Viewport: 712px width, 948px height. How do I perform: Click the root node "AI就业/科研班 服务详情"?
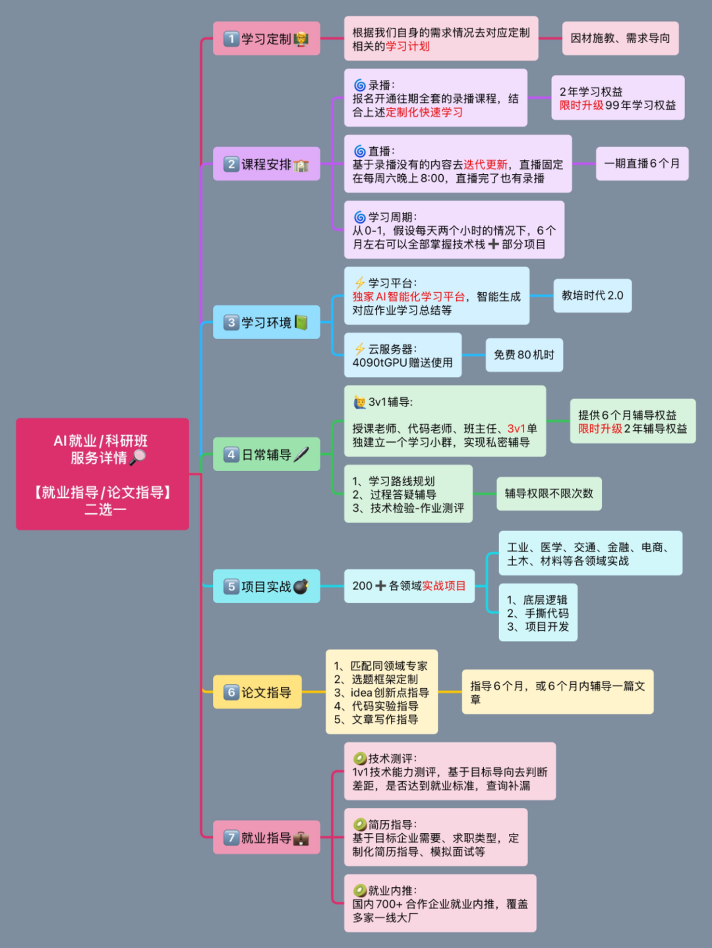(x=102, y=474)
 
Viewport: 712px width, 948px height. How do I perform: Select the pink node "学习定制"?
(x=266, y=39)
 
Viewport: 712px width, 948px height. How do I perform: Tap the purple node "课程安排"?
(x=266, y=164)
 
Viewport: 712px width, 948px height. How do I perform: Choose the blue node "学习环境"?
(x=266, y=323)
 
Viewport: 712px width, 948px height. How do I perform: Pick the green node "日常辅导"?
(x=266, y=455)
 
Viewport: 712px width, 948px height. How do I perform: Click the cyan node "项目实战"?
(x=266, y=586)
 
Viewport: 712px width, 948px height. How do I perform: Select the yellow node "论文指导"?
(x=257, y=692)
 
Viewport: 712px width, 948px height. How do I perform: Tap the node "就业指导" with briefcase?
(x=266, y=838)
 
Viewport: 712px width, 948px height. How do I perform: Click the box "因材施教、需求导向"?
(x=620, y=38)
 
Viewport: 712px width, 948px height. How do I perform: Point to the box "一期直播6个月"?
(x=641, y=164)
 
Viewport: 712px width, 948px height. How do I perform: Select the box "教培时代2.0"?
(x=592, y=296)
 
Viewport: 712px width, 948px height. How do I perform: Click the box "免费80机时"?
(x=524, y=355)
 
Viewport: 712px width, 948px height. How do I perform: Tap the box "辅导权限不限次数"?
(x=549, y=493)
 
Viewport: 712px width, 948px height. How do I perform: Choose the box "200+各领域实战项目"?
(x=409, y=586)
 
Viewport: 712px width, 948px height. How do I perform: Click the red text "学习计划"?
(x=407, y=46)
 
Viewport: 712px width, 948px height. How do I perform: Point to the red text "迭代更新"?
(x=485, y=165)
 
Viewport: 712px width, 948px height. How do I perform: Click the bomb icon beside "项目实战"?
(x=301, y=586)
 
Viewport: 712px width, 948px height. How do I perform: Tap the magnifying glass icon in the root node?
(x=138, y=457)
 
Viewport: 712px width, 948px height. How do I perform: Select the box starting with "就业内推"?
(x=440, y=904)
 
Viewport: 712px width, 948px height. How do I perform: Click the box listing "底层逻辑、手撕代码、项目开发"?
(x=537, y=613)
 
